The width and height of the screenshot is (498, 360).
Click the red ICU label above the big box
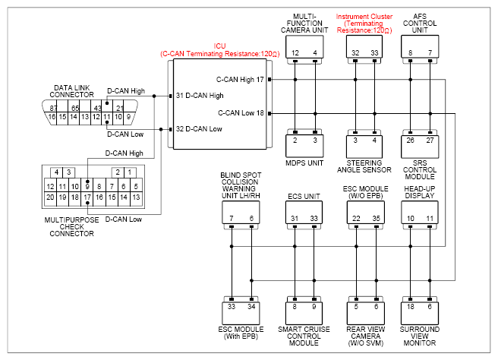219,46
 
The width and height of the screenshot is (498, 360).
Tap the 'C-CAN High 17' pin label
240,80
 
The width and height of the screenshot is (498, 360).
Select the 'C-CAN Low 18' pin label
241,113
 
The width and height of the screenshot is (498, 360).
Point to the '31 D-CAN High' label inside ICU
200,96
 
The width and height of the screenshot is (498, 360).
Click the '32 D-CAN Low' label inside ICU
199,128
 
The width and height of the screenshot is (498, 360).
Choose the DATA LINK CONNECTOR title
72,91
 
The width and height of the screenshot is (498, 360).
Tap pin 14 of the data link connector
74,117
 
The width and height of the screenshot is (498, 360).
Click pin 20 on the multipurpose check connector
50,197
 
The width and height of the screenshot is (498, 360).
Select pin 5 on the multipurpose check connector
136,187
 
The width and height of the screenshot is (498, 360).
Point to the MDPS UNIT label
304,163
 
